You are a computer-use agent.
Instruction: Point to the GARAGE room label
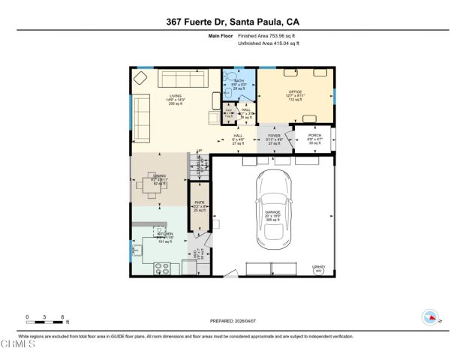pyautogui.click(x=272, y=212)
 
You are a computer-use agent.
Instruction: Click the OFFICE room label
pyautogui.click(x=295, y=91)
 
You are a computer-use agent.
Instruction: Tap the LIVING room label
pyautogui.click(x=175, y=96)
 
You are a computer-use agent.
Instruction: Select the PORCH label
pyautogui.click(x=314, y=135)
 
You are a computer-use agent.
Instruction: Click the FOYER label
pyautogui.click(x=274, y=136)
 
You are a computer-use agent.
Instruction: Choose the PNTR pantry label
pyautogui.click(x=200, y=202)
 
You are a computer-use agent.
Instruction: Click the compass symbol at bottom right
pyautogui.click(x=431, y=316)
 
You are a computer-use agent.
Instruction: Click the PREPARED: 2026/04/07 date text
pyautogui.click(x=233, y=321)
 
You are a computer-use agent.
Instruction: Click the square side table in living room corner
pyautogui.click(x=141, y=77)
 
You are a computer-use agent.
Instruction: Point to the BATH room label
pyautogui.click(x=239, y=80)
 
